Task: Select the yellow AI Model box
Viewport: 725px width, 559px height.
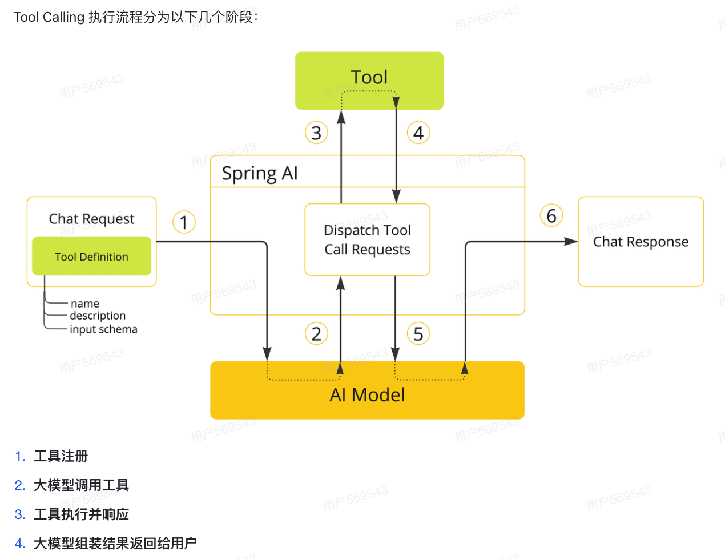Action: pos(367,394)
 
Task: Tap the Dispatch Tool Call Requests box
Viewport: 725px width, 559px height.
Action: pos(367,239)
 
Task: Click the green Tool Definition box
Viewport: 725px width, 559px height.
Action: pos(91,257)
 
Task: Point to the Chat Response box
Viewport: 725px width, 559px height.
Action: pos(641,242)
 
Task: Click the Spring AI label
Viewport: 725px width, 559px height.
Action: pos(260,173)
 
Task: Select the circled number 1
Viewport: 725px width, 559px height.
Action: pos(184,222)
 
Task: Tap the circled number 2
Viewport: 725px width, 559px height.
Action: pos(316,334)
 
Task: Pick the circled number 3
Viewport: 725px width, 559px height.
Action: pos(316,133)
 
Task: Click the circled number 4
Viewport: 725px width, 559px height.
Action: pos(418,133)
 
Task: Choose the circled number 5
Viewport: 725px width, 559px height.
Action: pos(418,334)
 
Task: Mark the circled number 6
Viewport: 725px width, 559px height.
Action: pos(551,216)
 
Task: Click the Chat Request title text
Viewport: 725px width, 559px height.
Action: pos(91,219)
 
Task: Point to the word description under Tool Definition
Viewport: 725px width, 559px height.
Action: pos(98,316)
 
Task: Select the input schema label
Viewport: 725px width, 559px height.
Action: pos(103,329)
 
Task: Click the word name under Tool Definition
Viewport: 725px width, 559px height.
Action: pos(85,304)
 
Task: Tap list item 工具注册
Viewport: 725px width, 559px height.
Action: pos(61,456)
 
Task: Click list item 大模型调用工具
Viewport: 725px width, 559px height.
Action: pos(81,485)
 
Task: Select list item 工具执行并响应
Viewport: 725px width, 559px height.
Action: pos(81,514)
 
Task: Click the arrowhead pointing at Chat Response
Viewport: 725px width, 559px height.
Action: pos(571,242)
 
